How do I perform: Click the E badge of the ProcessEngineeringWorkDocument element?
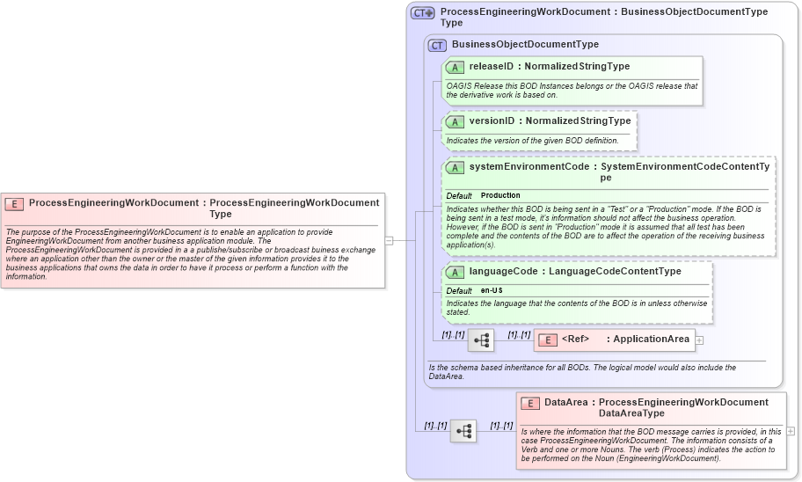coord(14,203)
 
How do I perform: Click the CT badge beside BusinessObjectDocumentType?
coord(437,45)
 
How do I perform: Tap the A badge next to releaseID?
coord(456,67)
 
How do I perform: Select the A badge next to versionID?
coord(456,121)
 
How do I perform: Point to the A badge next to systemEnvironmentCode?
coord(456,167)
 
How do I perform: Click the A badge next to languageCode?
coord(456,272)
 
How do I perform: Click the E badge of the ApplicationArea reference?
coord(547,340)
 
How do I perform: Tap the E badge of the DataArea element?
coord(529,403)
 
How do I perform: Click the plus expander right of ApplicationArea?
coord(699,340)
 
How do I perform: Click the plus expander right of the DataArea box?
coord(791,431)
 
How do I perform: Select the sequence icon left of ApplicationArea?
coord(481,340)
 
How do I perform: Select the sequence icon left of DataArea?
coord(463,431)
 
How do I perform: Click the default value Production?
coord(500,195)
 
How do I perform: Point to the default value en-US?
coord(492,290)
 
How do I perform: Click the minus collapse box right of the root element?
coord(389,239)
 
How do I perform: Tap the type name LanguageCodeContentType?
coord(615,272)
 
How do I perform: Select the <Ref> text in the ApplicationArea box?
coord(575,340)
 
